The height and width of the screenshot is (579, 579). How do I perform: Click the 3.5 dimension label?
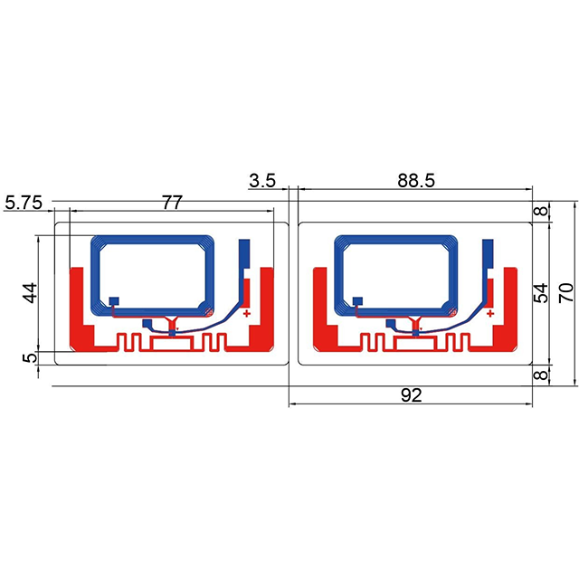262,181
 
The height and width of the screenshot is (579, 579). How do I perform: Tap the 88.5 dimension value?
416,181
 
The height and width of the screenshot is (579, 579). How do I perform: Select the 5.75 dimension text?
24,203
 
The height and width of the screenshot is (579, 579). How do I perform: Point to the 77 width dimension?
172,203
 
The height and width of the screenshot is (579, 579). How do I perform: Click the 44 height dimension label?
30,293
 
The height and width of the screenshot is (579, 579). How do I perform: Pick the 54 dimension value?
541,293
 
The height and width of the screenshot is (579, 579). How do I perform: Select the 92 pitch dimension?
411,395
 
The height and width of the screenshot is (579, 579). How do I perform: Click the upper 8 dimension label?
541,211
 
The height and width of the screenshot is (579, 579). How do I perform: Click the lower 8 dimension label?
541,375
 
